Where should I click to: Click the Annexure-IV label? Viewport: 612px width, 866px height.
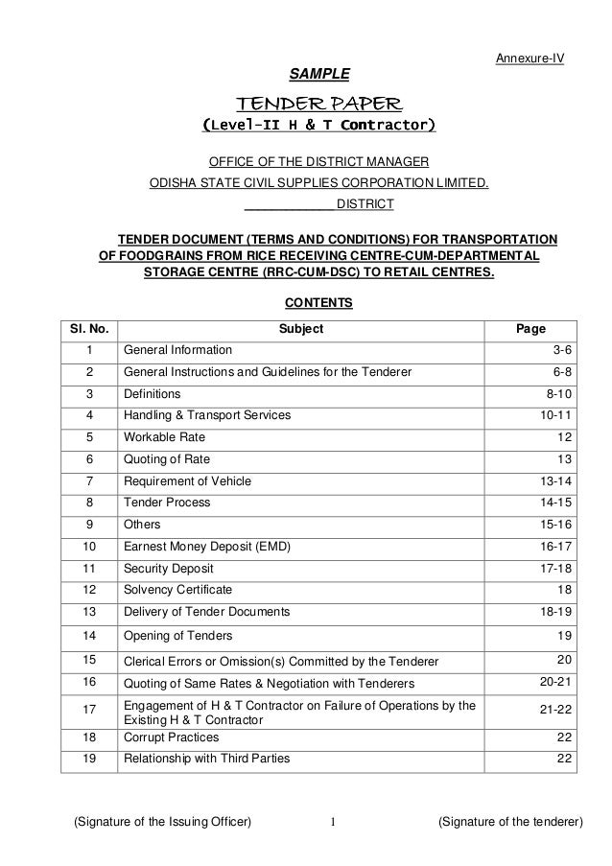coord(529,59)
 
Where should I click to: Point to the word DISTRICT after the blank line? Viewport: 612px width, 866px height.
coord(365,204)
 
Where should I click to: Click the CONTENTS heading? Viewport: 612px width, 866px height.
coord(320,304)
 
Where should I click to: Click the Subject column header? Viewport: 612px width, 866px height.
coord(300,329)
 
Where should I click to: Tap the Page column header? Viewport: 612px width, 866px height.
coord(530,329)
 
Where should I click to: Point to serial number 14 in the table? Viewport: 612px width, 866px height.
coord(89,635)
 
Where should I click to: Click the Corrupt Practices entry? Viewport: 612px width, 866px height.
coord(172,737)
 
